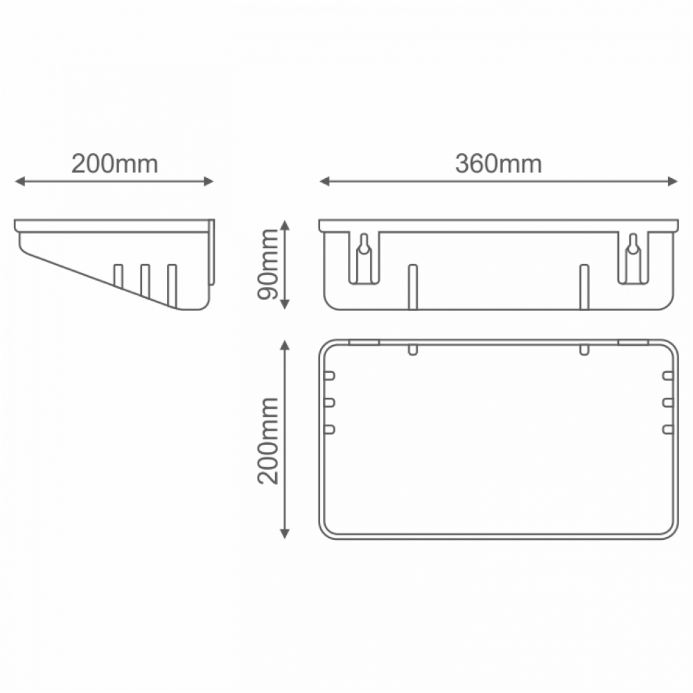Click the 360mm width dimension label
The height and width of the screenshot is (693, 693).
click(498, 164)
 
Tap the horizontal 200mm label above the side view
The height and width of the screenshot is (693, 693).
click(115, 164)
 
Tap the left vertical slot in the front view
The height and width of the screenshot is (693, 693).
click(412, 286)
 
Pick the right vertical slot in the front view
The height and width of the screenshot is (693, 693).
click(584, 286)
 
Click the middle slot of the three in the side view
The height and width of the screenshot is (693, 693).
click(145, 281)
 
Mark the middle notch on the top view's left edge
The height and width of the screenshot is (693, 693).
click(329, 403)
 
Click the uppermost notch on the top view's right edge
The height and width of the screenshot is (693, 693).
click(668, 376)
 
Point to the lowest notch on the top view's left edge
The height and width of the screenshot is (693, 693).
click(329, 430)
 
